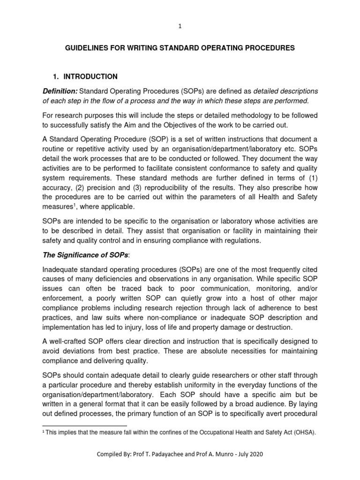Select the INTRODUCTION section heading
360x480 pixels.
click(90, 76)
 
